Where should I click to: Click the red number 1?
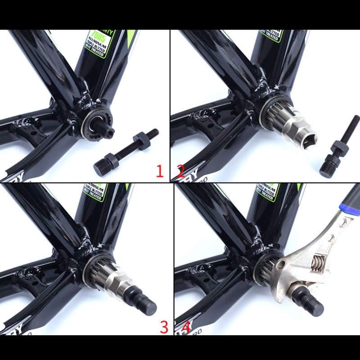[159, 171]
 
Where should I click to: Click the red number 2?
[180, 171]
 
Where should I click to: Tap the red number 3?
[164, 327]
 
